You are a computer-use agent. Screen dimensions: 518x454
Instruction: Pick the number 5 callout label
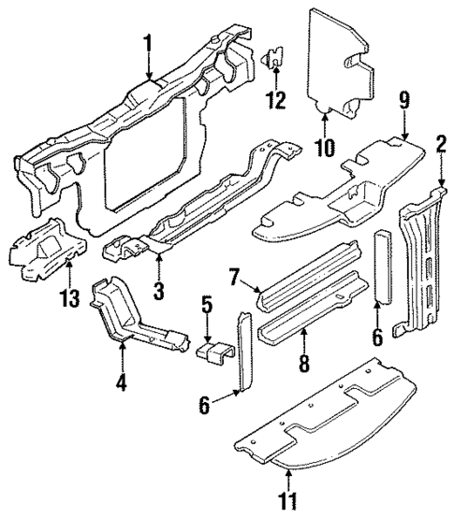[208, 305]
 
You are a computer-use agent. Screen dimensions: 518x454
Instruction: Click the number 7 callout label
[235, 277]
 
